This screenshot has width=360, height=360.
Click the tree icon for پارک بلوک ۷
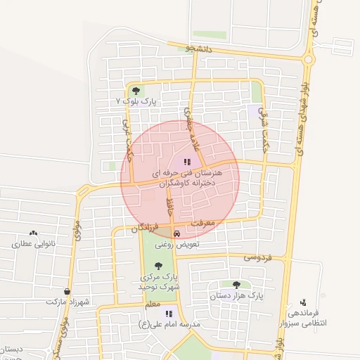point(136,90)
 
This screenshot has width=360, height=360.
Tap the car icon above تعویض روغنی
point(176,233)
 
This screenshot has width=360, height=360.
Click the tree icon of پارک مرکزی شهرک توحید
point(157,266)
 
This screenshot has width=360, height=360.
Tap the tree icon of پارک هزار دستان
point(236,285)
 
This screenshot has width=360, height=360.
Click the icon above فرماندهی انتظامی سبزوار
point(303,302)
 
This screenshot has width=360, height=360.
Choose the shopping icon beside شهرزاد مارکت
point(67,290)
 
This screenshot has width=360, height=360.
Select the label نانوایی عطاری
point(33,244)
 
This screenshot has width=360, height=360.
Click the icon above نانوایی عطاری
point(33,233)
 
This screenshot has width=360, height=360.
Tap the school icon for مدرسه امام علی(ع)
point(168,313)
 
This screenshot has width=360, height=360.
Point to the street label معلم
point(151,304)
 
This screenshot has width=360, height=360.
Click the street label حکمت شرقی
point(263,122)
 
